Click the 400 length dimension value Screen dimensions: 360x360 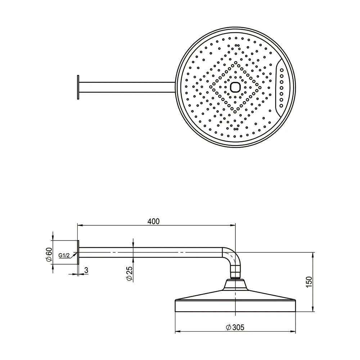coord(153,221)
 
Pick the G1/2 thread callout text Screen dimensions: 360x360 coord(64,256)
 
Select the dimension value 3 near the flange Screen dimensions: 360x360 coord(86,269)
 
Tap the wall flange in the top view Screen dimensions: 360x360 coord(78,87)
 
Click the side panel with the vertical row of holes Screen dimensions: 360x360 coord(281,85)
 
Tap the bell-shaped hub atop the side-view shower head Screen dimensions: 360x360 coord(235,285)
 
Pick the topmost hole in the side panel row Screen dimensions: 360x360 coord(281,70)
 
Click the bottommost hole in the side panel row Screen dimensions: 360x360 coord(281,105)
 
